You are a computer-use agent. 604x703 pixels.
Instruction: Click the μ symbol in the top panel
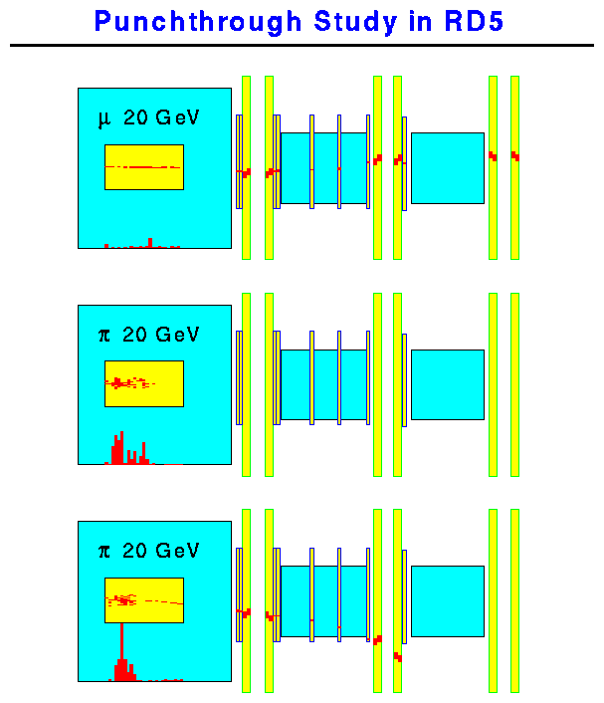click(x=103, y=118)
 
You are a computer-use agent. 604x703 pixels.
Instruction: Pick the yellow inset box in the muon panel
click(x=143, y=167)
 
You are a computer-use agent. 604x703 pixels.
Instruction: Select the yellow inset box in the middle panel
click(x=143, y=383)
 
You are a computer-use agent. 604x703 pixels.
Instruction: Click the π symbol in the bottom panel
click(x=103, y=551)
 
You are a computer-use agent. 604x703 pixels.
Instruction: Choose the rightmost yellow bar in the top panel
click(x=514, y=167)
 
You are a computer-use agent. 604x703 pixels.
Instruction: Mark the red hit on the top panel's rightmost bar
click(x=514, y=155)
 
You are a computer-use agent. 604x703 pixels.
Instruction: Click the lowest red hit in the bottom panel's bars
click(x=397, y=657)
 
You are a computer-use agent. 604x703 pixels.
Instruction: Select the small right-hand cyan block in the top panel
click(x=447, y=167)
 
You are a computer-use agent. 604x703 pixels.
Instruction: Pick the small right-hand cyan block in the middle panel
click(x=447, y=383)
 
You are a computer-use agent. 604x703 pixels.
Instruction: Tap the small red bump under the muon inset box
click(x=150, y=242)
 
